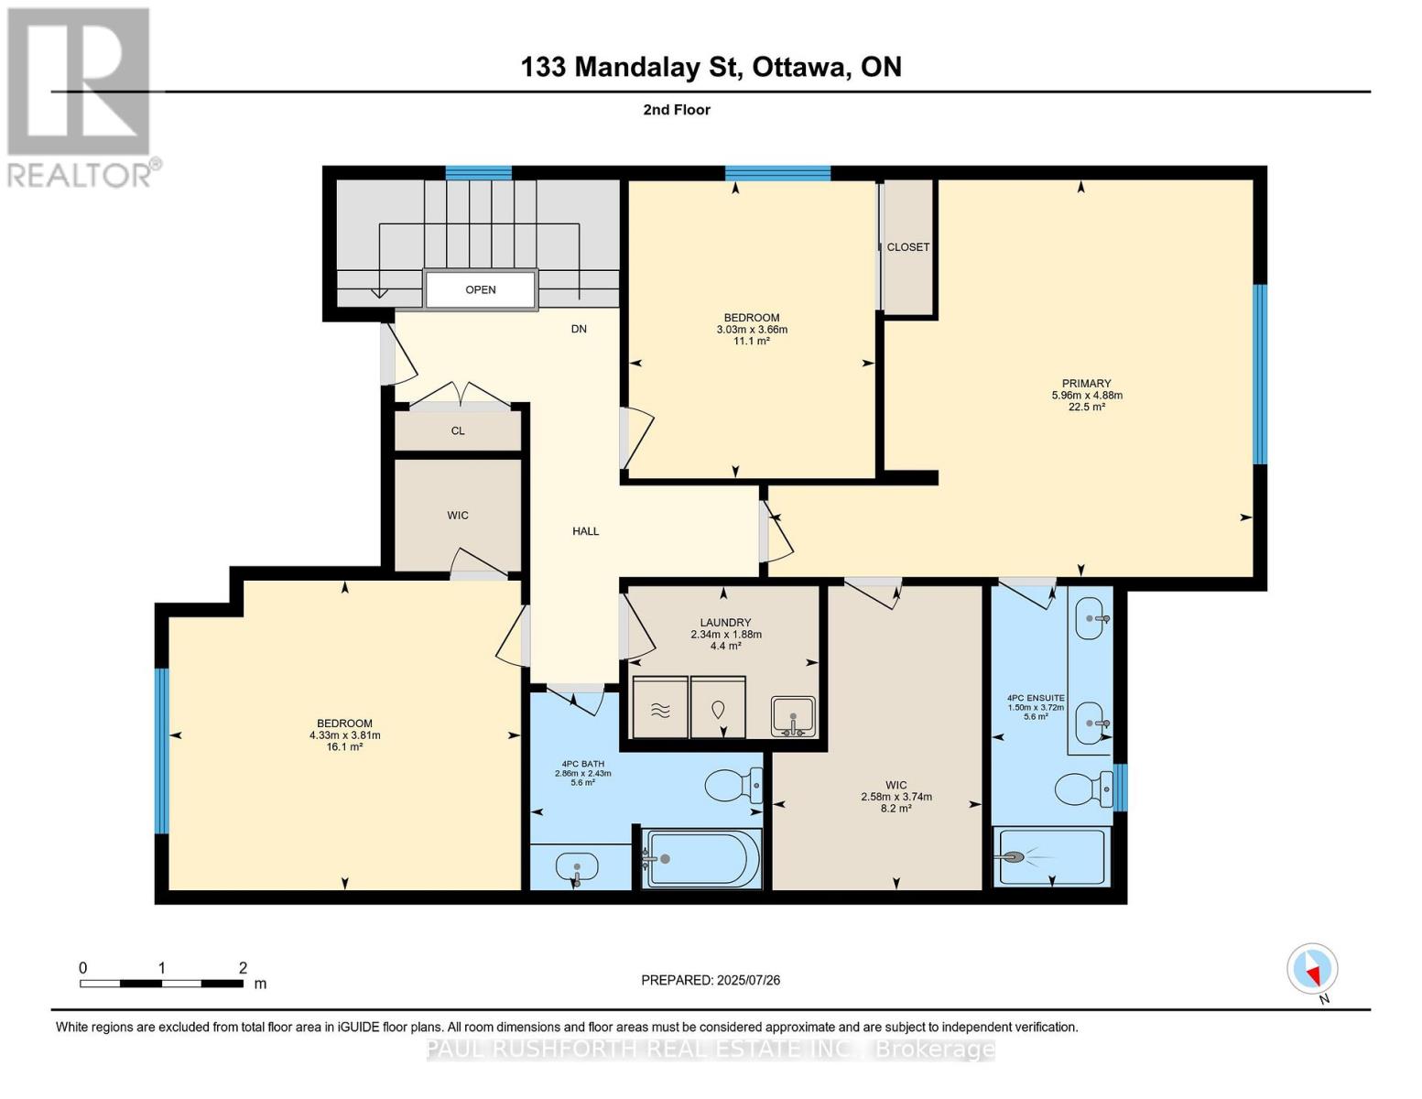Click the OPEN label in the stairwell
pos(481,289)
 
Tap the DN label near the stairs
pos(579,329)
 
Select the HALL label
pos(586,531)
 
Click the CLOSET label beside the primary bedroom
pos(907,246)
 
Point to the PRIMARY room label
pos(1086,383)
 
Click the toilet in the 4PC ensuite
pos(1084,789)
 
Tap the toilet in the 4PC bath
pos(733,785)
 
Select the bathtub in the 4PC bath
pos(701,858)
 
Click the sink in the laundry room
pos(793,716)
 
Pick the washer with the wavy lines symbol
pos(660,707)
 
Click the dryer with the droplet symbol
pos(718,707)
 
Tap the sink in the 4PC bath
pos(577,868)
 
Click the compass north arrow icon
pos(1312,969)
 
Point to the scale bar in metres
pos(162,983)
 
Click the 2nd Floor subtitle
pos(677,110)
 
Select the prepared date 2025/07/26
pos(748,980)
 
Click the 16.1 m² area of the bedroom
pos(345,746)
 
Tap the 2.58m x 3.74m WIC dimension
pos(896,797)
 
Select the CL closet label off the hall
pos(458,430)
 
